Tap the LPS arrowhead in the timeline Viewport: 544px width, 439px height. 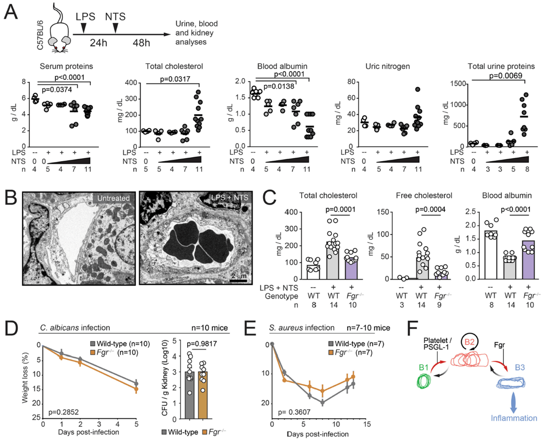point(84,29)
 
